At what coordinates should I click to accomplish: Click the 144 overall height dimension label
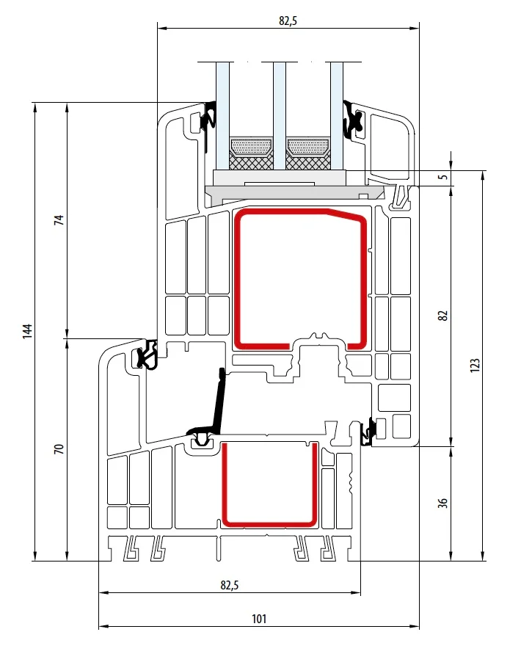[x=27, y=331]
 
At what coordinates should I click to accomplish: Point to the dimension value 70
[x=59, y=449]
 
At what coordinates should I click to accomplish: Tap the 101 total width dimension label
[x=259, y=619]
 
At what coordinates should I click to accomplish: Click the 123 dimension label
[x=475, y=365]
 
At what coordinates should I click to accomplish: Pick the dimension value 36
[x=442, y=503]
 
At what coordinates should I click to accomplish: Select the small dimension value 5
[x=443, y=177]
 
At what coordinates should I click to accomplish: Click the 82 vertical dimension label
[x=442, y=316]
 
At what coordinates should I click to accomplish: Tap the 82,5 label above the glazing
[x=288, y=21]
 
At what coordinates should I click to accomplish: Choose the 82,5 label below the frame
[x=230, y=585]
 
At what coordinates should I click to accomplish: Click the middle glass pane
[x=280, y=116]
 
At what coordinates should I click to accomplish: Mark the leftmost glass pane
[x=223, y=116]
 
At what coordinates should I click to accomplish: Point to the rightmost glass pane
[x=337, y=116]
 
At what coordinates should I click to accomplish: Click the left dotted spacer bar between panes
[x=251, y=146]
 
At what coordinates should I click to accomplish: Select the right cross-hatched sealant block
[x=307, y=162]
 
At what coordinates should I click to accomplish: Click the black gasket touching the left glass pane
[x=208, y=123]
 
